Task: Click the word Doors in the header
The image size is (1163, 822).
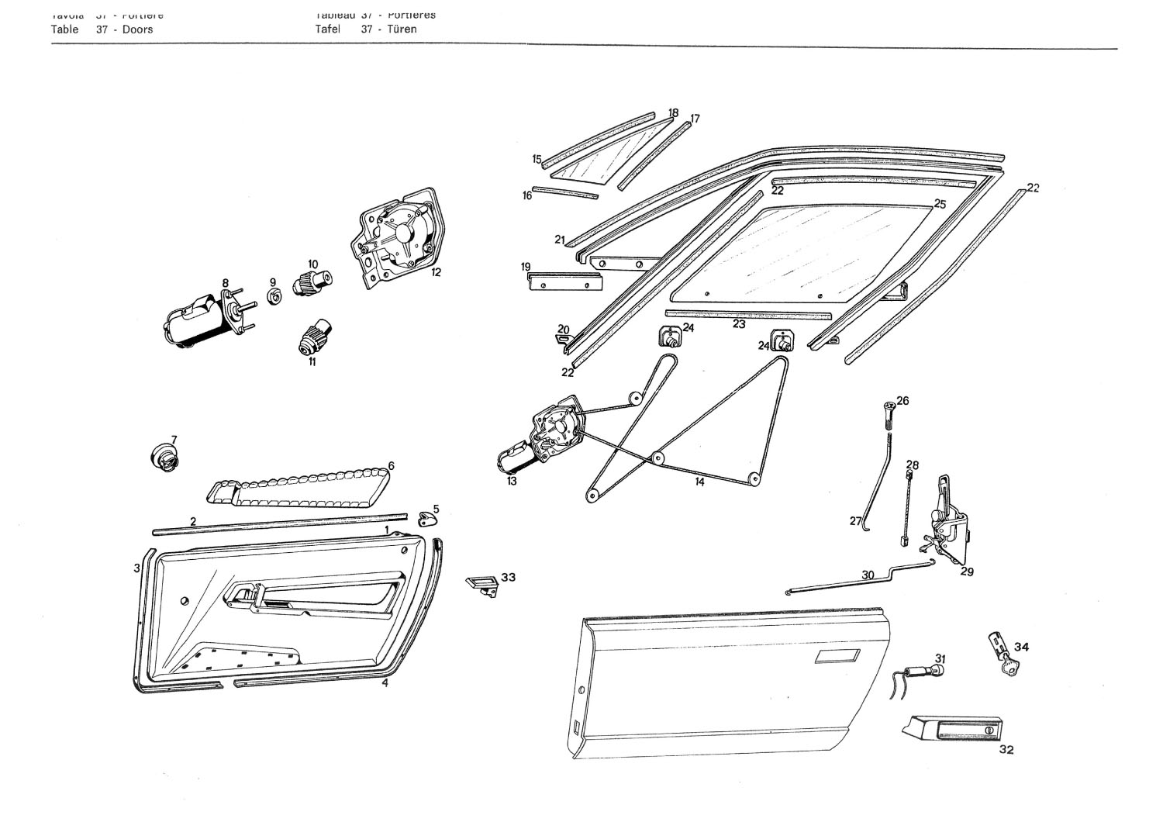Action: pyautogui.click(x=137, y=29)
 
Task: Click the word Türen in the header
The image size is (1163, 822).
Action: pyautogui.click(x=402, y=29)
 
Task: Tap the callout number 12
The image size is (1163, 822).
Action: pyautogui.click(x=436, y=273)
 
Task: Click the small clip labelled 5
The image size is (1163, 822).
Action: pyautogui.click(x=426, y=520)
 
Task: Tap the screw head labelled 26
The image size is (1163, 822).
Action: pyautogui.click(x=889, y=407)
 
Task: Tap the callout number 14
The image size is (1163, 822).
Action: pyautogui.click(x=699, y=482)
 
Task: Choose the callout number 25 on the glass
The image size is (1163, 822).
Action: pyautogui.click(x=940, y=204)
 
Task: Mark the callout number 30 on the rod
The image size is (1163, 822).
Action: pyautogui.click(x=868, y=575)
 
